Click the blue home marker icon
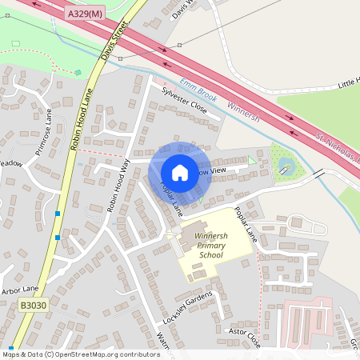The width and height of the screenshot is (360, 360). [180, 172]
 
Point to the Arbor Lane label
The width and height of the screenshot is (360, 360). [20, 290]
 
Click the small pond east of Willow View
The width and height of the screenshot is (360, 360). [286, 166]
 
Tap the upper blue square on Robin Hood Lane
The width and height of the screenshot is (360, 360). [58, 214]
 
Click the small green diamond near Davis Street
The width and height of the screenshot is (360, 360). [78, 73]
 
